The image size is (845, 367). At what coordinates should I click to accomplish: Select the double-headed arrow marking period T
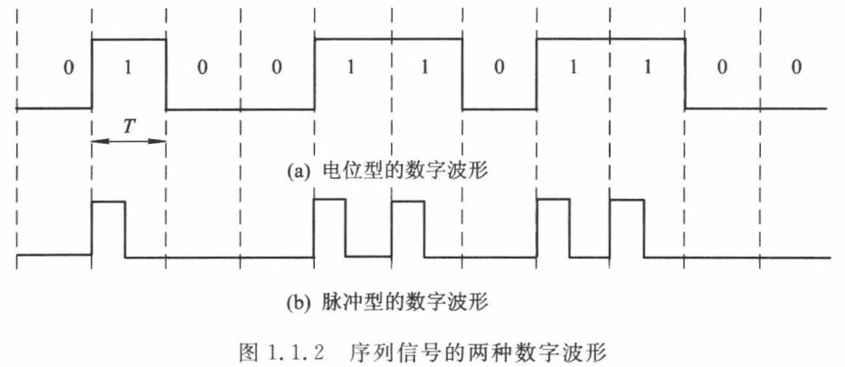128,140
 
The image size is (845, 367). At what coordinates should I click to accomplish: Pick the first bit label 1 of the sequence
128,69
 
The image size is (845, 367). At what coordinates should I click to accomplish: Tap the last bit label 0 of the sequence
794,69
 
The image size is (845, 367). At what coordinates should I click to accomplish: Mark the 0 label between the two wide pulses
498,69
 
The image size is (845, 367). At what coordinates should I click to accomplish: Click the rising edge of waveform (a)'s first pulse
91,73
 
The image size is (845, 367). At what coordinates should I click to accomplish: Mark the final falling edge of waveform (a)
685,73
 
